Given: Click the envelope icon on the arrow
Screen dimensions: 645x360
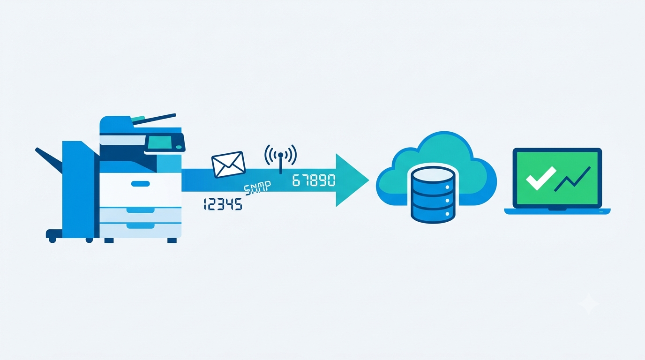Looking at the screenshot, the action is [x=228, y=165].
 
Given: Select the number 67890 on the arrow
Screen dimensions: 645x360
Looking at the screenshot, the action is [x=314, y=180].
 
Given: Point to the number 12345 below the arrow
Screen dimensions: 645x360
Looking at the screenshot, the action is [x=223, y=204].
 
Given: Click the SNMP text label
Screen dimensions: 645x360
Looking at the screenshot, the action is [x=257, y=188].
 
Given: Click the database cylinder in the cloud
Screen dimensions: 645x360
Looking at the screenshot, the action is [x=433, y=195].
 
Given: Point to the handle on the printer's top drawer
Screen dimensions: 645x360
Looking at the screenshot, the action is [x=140, y=184].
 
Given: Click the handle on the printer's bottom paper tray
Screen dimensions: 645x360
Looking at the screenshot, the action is [x=140, y=225].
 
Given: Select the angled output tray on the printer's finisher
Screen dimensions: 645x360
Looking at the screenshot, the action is [x=49, y=160].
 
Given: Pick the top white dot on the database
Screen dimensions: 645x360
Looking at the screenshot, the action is [x=447, y=187].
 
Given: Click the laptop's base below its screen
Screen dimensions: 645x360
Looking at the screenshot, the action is [x=557, y=211].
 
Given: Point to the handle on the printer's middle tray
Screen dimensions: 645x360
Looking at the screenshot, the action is [x=140, y=210].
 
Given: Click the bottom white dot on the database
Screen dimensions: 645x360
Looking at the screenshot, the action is [x=447, y=214].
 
